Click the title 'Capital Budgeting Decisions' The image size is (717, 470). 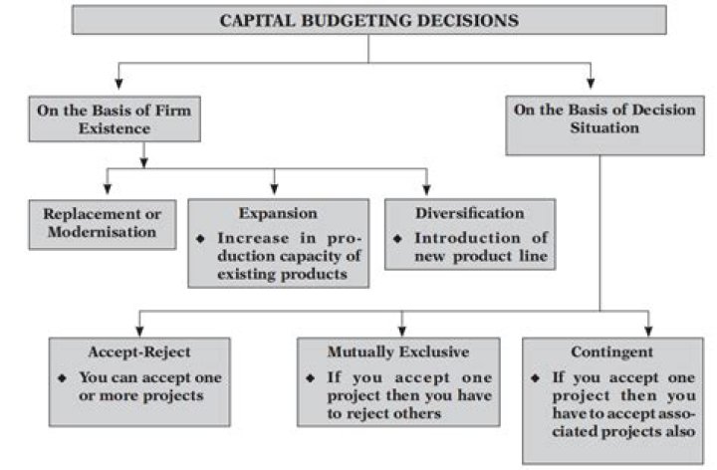click(369, 18)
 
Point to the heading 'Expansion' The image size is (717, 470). click(277, 213)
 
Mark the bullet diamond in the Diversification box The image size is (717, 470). click(396, 239)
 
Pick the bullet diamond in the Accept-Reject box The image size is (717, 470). click(63, 378)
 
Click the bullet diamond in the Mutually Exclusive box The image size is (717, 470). click(312, 378)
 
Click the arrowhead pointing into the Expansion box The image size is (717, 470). click(275, 191)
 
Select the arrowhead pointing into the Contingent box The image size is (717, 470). click(648, 331)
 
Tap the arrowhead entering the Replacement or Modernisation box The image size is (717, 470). click(109, 191)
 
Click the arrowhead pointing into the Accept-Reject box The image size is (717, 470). click(139, 331)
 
